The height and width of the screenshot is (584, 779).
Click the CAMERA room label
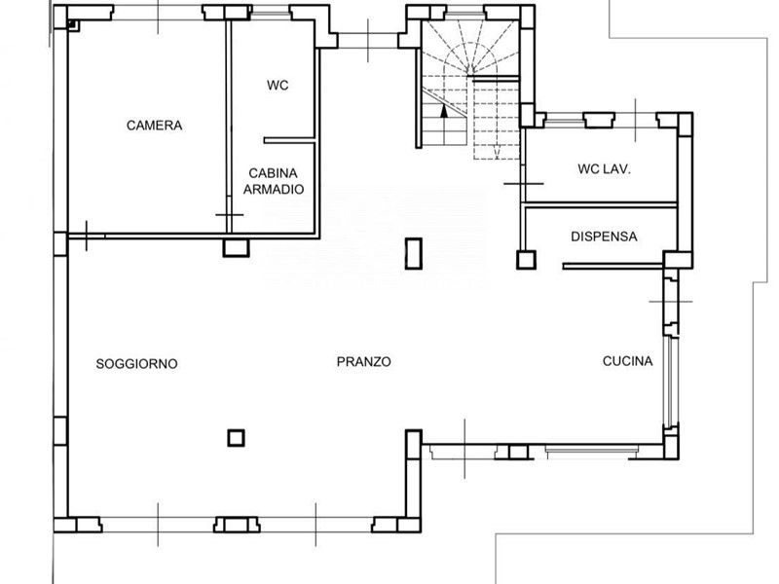click(154, 126)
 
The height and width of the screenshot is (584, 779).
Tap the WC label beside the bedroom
click(278, 86)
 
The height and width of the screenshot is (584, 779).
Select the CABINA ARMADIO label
click(274, 181)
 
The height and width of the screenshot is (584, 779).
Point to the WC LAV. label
click(604, 168)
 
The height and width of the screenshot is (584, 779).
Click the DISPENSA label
click(604, 237)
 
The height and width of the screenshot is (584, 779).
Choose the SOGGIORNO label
click(136, 364)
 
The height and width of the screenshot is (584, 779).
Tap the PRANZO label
click(363, 362)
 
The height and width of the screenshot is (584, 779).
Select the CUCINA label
click(627, 361)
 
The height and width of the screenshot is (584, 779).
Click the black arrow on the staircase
click(444, 111)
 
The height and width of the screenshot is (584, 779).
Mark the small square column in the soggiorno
click(236, 438)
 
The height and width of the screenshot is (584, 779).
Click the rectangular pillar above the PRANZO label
click(413, 254)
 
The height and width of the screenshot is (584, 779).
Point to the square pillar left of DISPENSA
click(526, 260)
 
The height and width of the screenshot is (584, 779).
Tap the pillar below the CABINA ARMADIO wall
click(236, 248)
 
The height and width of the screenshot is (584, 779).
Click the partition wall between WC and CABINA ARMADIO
click(289, 140)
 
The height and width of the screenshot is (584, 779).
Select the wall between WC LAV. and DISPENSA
click(601, 204)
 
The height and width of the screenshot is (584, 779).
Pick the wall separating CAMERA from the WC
click(229, 127)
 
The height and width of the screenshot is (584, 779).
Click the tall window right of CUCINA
click(671, 382)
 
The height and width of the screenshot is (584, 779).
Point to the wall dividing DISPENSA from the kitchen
click(613, 266)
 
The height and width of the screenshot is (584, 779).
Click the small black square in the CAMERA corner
click(71, 23)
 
